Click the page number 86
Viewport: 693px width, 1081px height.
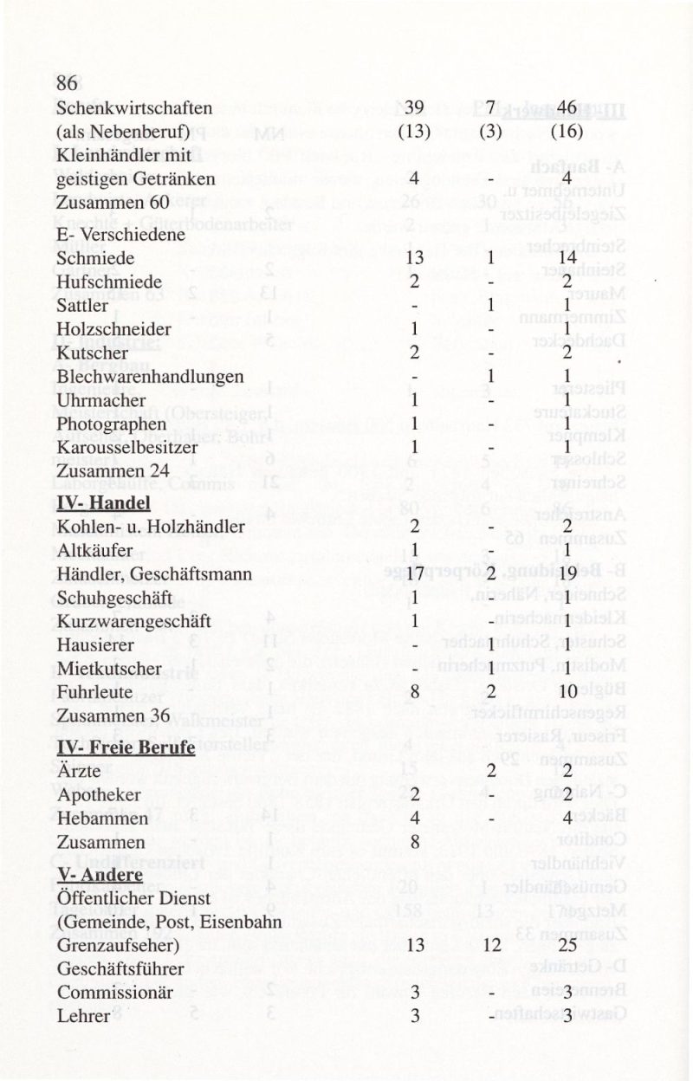pos(68,84)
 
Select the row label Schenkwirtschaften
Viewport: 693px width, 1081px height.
pos(134,108)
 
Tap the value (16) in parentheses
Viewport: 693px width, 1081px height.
pos(567,133)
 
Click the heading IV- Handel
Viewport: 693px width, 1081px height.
pos(103,503)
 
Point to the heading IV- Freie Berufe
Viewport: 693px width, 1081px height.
pos(125,747)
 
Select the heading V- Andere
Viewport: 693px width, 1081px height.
pos(100,875)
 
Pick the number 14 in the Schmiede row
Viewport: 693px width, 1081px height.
pos(567,258)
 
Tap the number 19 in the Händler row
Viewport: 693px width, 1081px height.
pos(567,573)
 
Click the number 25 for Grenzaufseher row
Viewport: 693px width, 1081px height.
pos(567,947)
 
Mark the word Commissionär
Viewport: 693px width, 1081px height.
pos(112,994)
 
